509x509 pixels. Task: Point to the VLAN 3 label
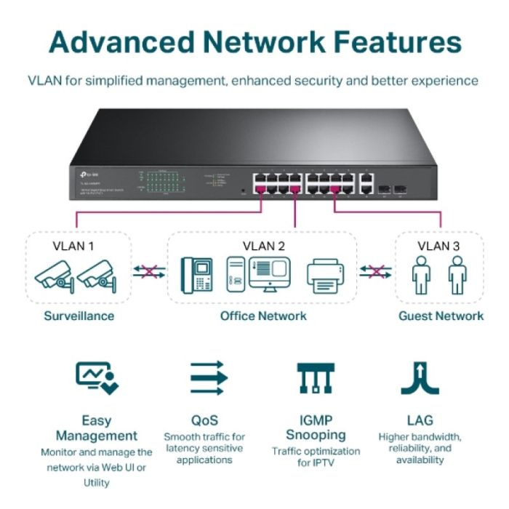pyautogui.click(x=438, y=246)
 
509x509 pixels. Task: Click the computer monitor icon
pyautogui.click(x=270, y=275)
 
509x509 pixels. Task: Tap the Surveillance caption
pyautogui.click(x=79, y=316)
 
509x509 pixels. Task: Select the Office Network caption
pyautogui.click(x=263, y=316)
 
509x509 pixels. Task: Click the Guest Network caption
pyautogui.click(x=441, y=316)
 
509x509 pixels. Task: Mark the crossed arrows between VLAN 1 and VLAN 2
pyautogui.click(x=149, y=272)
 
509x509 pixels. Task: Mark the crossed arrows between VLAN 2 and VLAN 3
pyautogui.click(x=375, y=272)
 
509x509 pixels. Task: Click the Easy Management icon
pyautogui.click(x=97, y=378)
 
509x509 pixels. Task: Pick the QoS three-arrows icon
pyautogui.click(x=209, y=378)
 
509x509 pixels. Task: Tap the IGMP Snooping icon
pyautogui.click(x=315, y=378)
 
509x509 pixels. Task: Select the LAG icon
pyautogui.click(x=420, y=378)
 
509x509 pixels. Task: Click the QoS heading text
pyautogui.click(x=204, y=420)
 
